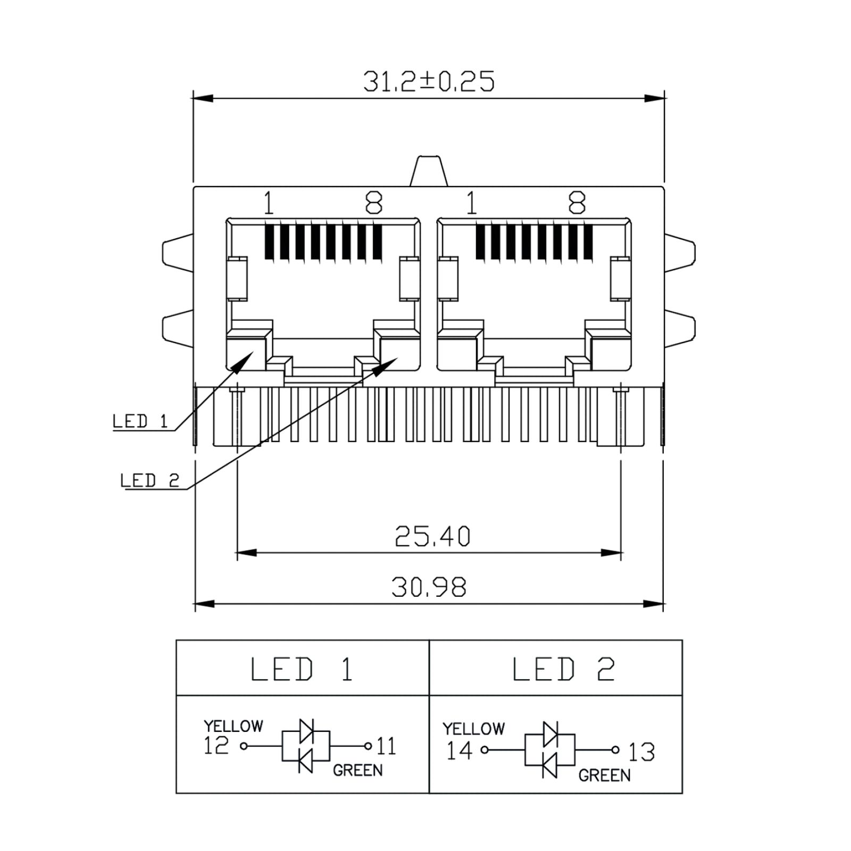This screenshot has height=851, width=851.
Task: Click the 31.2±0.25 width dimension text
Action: (x=429, y=81)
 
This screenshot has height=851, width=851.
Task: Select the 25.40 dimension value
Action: (x=432, y=536)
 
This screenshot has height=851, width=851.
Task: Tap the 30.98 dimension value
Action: (x=429, y=587)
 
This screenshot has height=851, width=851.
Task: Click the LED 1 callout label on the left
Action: (x=140, y=421)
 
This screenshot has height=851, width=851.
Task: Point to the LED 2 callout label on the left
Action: (x=149, y=480)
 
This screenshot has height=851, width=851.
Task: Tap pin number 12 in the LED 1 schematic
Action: (x=216, y=746)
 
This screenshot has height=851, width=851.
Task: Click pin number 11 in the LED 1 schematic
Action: (x=387, y=746)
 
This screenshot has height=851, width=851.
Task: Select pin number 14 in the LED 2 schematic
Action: (x=459, y=750)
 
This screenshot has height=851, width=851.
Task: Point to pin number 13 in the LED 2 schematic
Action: (x=641, y=752)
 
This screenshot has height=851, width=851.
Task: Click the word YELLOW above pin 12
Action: (x=233, y=726)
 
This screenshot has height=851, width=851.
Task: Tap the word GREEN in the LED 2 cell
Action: (x=604, y=775)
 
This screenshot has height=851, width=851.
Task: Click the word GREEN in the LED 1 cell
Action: (x=357, y=770)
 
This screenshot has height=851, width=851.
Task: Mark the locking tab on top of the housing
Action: (x=429, y=171)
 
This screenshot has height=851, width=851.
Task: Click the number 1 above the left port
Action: (x=269, y=203)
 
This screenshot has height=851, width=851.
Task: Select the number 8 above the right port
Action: (x=577, y=203)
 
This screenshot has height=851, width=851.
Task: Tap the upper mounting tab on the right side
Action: (x=680, y=253)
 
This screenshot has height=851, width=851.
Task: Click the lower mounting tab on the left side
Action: (x=178, y=329)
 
